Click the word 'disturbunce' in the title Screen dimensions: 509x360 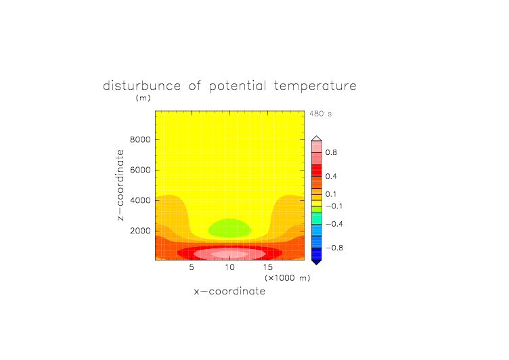141,86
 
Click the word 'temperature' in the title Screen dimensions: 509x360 315,86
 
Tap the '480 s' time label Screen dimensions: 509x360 320,114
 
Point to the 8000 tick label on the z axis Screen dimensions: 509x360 140,139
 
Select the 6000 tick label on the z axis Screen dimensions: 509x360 140,170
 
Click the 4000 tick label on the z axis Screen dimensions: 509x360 140,200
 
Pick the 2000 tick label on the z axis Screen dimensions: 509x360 140,231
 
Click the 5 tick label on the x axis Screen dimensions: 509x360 192,267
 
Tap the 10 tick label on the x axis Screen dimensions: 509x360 230,267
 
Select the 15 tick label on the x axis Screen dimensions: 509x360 268,267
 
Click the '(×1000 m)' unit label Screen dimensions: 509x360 287,278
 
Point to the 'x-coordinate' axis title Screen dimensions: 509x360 229,291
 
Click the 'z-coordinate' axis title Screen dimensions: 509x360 120,185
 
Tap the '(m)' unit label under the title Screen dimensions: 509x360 143,97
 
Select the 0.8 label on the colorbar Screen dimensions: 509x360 331,152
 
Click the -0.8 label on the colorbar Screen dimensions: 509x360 334,248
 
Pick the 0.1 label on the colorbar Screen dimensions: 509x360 331,194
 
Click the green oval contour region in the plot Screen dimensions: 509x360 229,228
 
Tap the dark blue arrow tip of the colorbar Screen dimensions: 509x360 317,263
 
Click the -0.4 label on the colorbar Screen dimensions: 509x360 334,224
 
